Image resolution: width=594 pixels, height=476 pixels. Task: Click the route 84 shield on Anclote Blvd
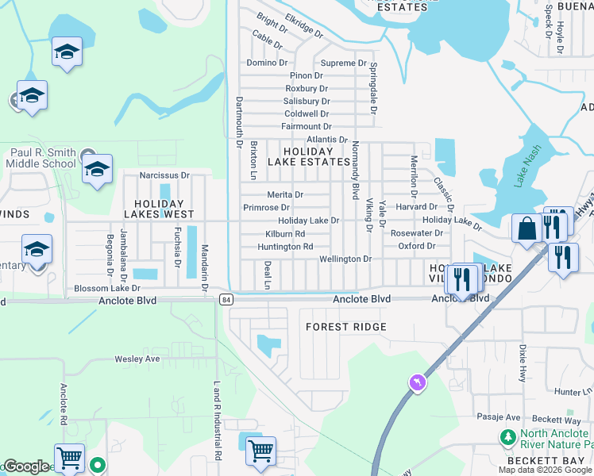pos(227,299)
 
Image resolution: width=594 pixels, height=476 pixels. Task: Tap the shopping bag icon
pos(526,228)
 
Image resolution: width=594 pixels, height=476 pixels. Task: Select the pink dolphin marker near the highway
pos(416,383)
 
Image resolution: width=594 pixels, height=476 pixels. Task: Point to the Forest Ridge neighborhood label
pos(347,327)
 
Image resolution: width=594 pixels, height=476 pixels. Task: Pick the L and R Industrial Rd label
pos(216,420)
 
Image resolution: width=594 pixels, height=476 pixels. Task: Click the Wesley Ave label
pos(137,359)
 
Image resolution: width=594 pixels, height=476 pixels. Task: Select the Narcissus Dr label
pos(164,175)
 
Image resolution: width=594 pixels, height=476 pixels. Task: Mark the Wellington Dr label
pos(345,259)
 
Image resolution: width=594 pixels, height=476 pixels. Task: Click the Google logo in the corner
pos(25,467)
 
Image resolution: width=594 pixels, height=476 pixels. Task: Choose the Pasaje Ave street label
pos(498,417)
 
